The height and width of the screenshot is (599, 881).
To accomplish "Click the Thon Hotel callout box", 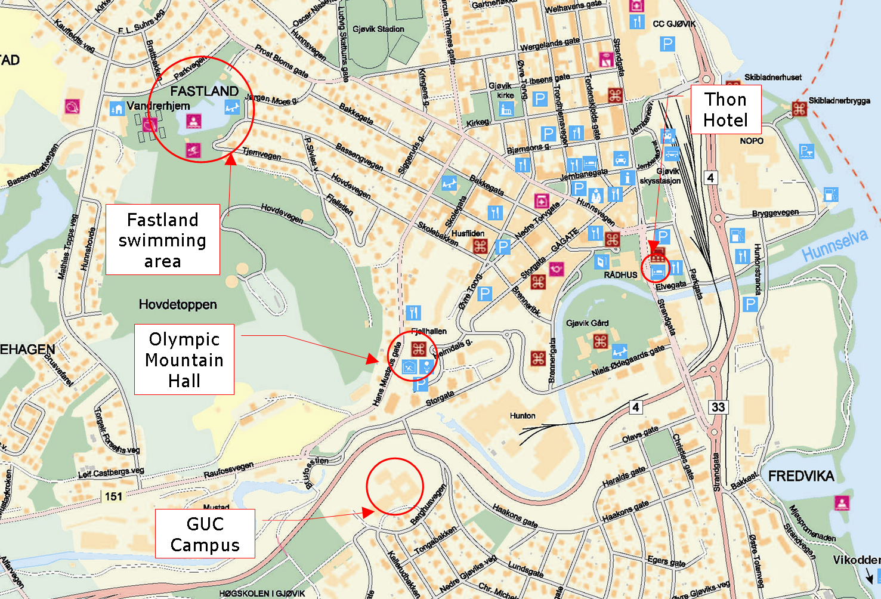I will pos(725,110).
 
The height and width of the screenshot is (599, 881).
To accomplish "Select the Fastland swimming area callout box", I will pos(162,240).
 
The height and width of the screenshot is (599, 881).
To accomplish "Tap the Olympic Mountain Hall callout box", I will pos(184,360).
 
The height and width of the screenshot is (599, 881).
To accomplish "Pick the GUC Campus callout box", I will pos(205,534).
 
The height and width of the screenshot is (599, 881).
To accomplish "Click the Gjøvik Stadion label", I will pos(378,29).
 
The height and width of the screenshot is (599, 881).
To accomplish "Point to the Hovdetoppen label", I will pos(178,305).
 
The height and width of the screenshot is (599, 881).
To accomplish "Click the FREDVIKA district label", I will pos(800,476).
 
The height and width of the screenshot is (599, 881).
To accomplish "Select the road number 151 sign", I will pos(113,496).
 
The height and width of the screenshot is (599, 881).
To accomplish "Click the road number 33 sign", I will pos(718,407).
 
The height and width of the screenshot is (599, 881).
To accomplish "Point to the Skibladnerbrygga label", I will pos(839,100).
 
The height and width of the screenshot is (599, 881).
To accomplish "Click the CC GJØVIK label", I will pos(674,24).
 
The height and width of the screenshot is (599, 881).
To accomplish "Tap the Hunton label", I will pos(523,416).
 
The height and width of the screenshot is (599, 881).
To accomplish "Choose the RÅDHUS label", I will pos(620,275).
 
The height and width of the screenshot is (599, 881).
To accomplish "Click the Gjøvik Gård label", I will pos(588,323).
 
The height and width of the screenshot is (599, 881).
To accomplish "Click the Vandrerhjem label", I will pos(158,106).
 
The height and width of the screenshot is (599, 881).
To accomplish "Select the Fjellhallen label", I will pos(429,331).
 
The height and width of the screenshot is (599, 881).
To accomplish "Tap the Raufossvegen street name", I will pos(228,470).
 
